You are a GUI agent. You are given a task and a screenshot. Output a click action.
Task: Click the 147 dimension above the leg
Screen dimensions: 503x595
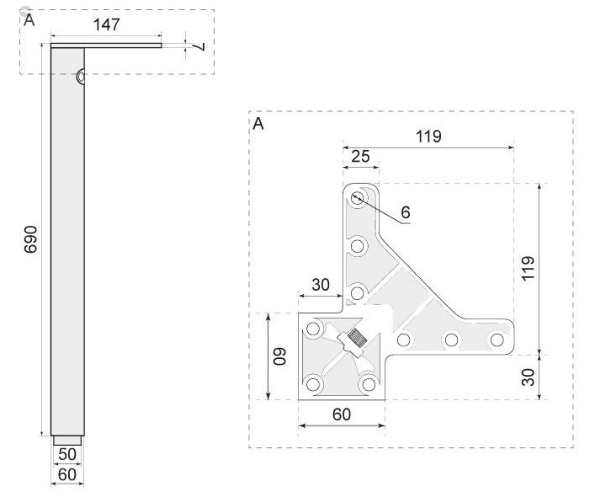pyautogui.click(x=105, y=24)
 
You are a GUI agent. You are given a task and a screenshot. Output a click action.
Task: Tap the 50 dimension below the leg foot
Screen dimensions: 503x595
pyautogui.click(x=67, y=454)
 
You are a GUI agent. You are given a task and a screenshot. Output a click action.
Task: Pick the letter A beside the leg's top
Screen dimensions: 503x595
pyautogui.click(x=29, y=19)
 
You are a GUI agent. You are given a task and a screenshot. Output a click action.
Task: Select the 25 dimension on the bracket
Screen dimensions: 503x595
pyautogui.click(x=359, y=156)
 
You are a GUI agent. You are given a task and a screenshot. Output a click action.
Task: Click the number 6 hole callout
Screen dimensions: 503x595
pyautogui.click(x=405, y=212)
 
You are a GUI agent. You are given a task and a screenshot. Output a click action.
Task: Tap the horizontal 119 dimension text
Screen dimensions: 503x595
pyautogui.click(x=428, y=136)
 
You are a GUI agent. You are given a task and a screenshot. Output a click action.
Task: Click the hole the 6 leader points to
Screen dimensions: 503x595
pyautogui.click(x=359, y=198)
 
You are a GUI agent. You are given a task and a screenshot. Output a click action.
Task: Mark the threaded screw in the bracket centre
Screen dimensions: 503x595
pyautogui.click(x=355, y=341)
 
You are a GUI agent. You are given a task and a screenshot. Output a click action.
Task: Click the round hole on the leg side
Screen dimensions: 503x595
pyautogui.click(x=80, y=77)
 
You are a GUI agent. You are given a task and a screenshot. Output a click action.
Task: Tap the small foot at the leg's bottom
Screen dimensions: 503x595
pyautogui.click(x=67, y=440)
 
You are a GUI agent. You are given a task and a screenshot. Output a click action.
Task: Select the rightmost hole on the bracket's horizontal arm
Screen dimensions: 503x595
pyautogui.click(x=497, y=340)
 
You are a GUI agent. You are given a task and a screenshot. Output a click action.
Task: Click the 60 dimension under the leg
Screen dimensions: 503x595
pyautogui.click(x=67, y=474)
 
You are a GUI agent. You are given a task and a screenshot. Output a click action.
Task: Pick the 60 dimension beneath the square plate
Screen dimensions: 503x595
pyautogui.click(x=341, y=414)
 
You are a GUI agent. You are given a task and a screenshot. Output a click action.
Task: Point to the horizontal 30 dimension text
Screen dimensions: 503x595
pyautogui.click(x=320, y=285)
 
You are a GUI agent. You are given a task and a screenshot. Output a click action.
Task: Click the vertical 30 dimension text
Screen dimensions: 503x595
pyautogui.click(x=528, y=377)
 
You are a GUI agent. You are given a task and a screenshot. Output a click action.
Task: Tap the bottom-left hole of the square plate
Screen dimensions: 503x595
pyautogui.click(x=314, y=384)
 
